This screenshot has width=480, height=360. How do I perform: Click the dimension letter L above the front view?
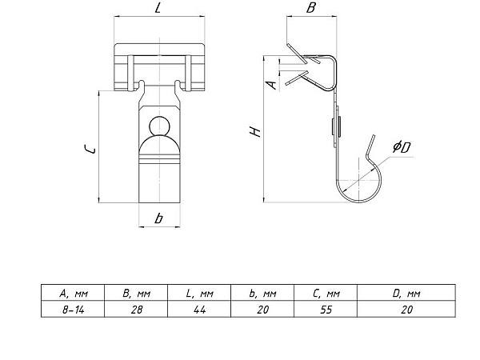pos(158,7)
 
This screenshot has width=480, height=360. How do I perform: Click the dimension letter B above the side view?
pos(310,7)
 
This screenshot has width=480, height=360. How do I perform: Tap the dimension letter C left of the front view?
pos(90,150)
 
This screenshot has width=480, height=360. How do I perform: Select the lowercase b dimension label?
pos(158,218)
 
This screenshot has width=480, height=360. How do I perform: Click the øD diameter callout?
pos(402,147)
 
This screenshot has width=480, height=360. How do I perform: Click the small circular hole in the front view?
pos(159,126)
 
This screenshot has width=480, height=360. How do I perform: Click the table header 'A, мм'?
pos(74,294)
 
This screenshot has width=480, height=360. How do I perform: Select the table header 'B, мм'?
pos(137,294)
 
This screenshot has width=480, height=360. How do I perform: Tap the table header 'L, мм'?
pos(199,294)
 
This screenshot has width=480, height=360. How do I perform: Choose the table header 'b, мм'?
pos(262,294)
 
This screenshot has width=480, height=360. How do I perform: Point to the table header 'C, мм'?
pos(326,294)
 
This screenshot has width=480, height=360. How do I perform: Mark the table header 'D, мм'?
pos(406,294)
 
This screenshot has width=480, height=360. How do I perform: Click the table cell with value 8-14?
pos(74,310)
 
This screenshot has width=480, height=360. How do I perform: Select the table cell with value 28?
pos(137,310)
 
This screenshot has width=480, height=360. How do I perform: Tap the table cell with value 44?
pos(199,310)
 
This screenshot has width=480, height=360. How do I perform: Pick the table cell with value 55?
pos(326,310)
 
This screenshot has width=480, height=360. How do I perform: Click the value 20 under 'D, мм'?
pos(406,310)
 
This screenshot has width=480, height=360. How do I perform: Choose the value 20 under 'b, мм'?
pos(262,310)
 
